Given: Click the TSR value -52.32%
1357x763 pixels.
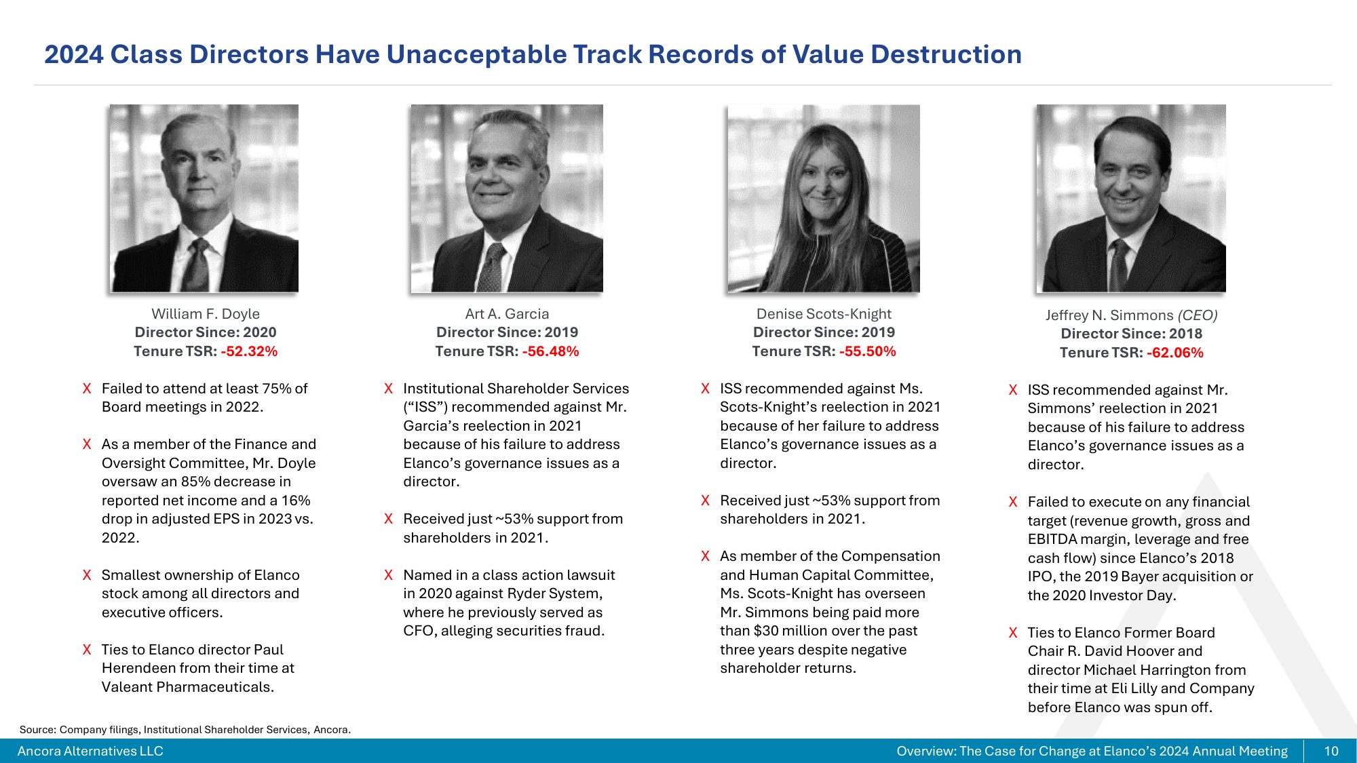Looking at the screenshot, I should click(x=249, y=351).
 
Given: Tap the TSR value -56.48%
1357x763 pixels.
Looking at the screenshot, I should click(x=550, y=351).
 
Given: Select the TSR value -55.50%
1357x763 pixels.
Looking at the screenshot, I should click(x=867, y=351).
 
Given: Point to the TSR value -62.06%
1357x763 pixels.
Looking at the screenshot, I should click(x=1174, y=353).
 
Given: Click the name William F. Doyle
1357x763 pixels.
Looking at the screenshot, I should click(x=206, y=314).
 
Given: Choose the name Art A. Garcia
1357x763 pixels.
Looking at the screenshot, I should click(x=507, y=314).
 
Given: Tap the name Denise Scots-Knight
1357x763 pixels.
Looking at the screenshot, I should click(x=824, y=314).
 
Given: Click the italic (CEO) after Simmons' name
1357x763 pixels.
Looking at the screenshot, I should click(x=1197, y=315).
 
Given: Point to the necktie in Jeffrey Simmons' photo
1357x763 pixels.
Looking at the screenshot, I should click(x=1119, y=265).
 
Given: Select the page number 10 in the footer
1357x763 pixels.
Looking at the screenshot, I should click(x=1331, y=751).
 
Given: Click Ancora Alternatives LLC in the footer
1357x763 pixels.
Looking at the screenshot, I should click(x=90, y=751).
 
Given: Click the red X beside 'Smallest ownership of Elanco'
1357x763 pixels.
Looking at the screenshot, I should click(x=87, y=575).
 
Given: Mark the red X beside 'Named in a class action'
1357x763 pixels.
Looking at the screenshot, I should click(x=388, y=575).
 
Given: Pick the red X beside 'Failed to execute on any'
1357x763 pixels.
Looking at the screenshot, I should click(x=1013, y=502).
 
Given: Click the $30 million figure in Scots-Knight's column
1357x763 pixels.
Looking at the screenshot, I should click(x=784, y=631).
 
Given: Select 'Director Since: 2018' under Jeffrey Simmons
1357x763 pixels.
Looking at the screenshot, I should click(x=1131, y=334).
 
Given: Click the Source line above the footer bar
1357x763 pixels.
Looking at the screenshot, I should click(x=185, y=730).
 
